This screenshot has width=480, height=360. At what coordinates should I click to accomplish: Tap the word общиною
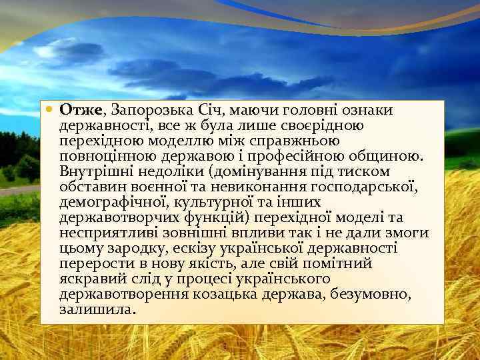point(389,157)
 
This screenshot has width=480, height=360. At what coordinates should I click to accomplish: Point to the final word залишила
point(97,310)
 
